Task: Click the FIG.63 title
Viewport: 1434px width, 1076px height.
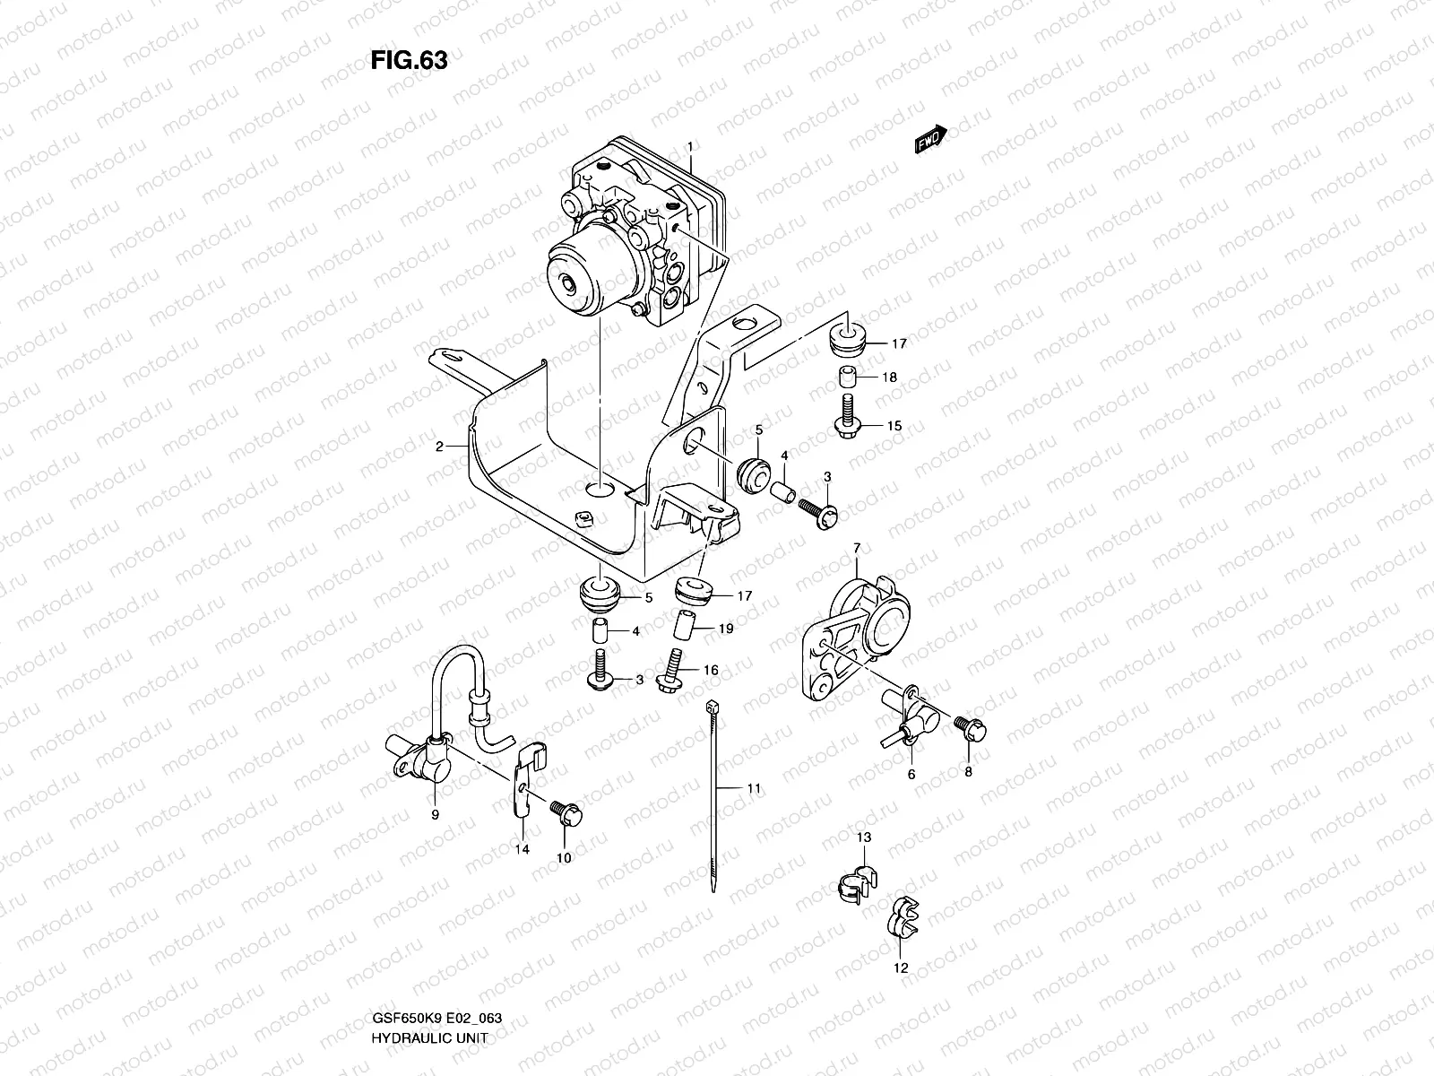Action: [409, 60]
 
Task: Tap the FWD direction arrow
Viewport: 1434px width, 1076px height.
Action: [930, 140]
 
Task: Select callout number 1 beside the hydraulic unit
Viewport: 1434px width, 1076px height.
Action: [690, 146]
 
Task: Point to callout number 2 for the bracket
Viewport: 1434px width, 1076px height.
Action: [440, 446]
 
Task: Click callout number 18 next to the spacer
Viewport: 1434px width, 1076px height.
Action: [888, 377]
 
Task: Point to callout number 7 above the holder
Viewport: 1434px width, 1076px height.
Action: [856, 546]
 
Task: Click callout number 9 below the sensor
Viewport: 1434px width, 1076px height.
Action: [436, 814]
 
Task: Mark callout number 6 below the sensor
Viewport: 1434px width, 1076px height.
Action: [911, 775]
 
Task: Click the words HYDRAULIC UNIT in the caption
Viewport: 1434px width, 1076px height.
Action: [421, 1037]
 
